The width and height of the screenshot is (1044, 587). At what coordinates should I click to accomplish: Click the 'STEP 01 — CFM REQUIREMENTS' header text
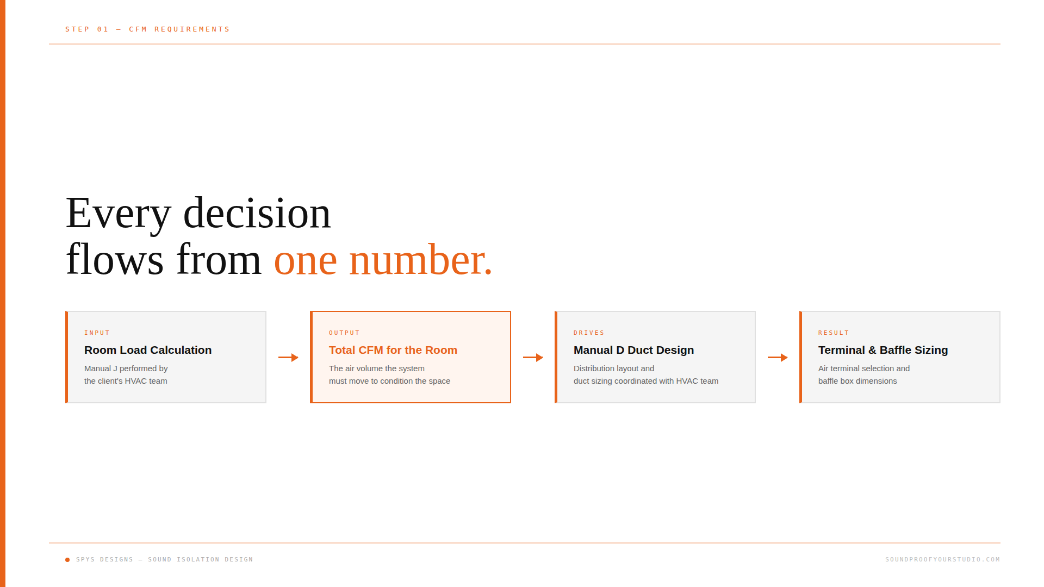147,29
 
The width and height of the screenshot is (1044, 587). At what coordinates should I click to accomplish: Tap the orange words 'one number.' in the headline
383,260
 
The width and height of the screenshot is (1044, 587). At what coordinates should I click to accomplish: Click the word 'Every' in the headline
119,214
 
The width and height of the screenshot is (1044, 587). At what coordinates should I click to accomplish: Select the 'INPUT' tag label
97,333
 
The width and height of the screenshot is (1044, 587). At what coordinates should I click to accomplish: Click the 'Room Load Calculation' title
148,350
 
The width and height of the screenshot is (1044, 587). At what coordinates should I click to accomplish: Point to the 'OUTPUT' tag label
344,333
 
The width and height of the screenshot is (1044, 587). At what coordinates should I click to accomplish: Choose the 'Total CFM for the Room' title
393,350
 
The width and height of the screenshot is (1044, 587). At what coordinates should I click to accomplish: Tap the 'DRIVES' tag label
589,333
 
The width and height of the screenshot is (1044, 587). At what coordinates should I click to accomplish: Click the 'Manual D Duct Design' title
634,350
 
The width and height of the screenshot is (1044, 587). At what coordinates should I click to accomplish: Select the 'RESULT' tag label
834,333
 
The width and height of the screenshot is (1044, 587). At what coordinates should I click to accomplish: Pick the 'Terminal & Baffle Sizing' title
883,350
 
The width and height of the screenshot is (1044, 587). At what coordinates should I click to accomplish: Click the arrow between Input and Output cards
288,358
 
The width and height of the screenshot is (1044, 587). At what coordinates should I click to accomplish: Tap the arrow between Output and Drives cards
533,358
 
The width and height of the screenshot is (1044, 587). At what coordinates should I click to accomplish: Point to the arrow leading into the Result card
778,358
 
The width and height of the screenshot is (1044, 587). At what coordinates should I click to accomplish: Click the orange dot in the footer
67,560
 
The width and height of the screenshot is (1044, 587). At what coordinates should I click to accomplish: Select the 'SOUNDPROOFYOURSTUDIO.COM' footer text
943,559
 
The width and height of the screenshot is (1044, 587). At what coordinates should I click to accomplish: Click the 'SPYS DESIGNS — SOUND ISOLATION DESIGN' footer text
165,559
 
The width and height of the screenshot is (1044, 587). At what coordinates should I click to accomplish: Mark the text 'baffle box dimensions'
857,381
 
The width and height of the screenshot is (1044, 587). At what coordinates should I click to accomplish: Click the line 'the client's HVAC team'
126,381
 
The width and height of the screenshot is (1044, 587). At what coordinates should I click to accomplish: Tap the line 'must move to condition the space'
389,381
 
